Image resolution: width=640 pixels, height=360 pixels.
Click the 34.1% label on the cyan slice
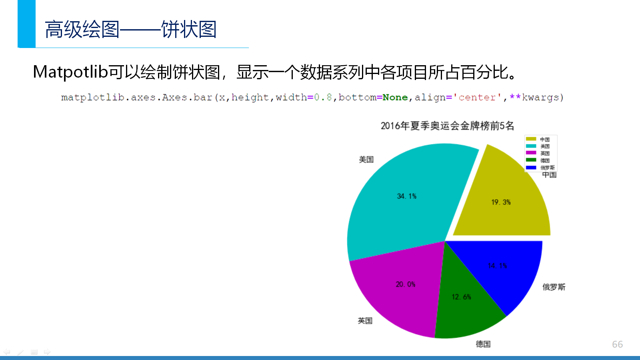(x=406, y=196)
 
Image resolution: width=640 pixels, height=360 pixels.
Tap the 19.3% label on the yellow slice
(x=501, y=202)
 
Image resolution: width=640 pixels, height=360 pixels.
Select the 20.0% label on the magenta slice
(x=406, y=284)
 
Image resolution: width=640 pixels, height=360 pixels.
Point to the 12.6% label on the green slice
(x=462, y=297)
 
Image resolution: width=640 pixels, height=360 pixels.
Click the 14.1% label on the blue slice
(x=498, y=266)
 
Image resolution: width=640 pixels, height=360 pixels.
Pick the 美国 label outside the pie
(x=366, y=160)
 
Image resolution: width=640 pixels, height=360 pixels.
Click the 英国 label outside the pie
(x=365, y=320)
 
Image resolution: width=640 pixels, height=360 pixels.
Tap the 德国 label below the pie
(x=483, y=344)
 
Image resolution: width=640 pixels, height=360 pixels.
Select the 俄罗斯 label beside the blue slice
(x=554, y=287)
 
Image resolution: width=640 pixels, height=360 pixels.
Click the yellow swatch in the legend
(x=531, y=139)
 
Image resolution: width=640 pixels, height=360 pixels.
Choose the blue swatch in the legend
(x=531, y=168)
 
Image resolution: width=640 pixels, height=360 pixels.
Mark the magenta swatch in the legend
(x=531, y=153)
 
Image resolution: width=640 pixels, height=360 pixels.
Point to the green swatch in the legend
(x=531, y=160)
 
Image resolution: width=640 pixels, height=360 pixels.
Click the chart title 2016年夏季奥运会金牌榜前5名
(x=448, y=126)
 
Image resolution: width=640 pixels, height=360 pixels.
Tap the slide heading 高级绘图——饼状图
(x=130, y=29)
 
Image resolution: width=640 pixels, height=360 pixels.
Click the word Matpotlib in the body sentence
(x=70, y=72)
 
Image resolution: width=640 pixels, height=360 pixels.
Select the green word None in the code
(x=395, y=98)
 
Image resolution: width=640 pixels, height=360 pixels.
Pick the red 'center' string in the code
(x=477, y=98)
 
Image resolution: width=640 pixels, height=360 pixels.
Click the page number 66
(x=618, y=344)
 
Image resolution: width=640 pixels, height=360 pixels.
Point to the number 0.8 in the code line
(x=323, y=98)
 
